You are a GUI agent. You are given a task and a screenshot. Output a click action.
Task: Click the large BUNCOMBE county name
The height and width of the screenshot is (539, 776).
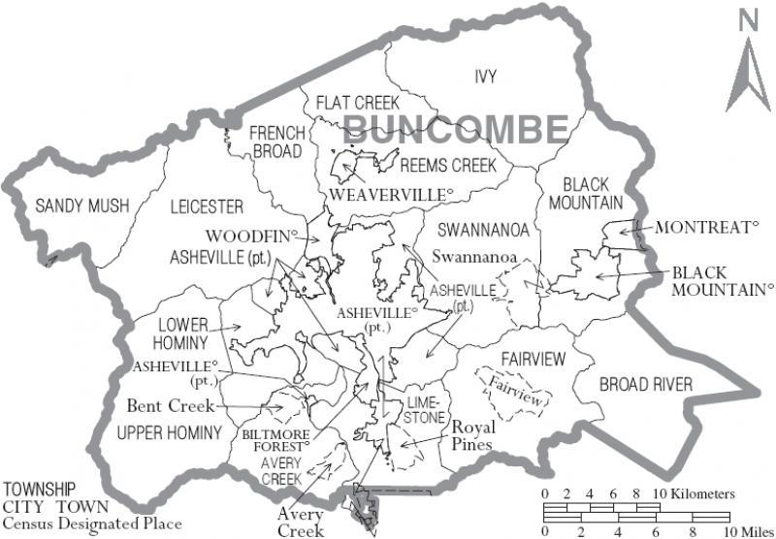456,128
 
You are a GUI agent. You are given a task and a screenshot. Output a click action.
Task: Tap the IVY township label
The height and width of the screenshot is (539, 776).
485,77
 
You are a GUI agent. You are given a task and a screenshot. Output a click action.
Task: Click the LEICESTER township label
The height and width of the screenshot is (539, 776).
207,206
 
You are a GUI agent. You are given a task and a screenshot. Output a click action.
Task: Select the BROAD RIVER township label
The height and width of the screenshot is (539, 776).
646,385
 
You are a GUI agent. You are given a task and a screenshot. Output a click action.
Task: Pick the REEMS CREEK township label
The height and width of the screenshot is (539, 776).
448,166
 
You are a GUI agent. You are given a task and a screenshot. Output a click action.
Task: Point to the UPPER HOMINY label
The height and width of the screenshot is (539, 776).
169,431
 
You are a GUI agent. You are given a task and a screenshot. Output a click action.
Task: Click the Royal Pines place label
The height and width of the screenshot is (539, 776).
472,437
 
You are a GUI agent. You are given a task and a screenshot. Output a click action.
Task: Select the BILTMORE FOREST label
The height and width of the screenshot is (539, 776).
276,441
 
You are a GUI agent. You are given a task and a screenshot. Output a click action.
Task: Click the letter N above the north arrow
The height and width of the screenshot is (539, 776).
747,19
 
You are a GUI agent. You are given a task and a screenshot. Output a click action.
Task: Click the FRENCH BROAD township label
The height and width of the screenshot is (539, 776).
277,142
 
